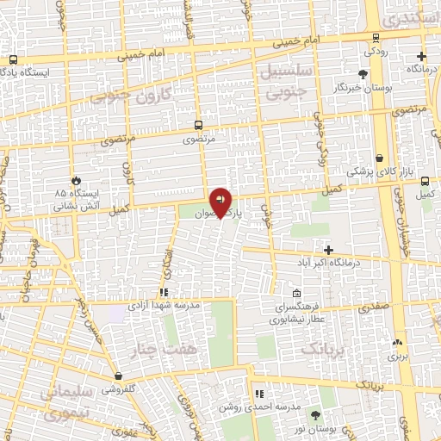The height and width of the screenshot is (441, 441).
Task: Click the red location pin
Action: [220, 201]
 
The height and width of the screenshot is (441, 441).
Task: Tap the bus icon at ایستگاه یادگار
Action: [13, 60]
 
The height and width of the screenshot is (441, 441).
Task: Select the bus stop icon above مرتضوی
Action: [199, 125]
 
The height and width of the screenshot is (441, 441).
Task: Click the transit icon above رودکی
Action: [376, 37]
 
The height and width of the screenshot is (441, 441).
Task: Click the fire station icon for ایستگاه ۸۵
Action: [76, 180]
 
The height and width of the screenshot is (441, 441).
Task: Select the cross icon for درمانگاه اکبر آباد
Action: [328, 249]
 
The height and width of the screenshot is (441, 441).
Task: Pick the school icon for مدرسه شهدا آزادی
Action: [163, 292]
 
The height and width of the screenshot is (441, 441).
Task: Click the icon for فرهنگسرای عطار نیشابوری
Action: [297, 293]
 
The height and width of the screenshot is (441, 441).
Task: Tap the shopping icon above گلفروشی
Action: [118, 376]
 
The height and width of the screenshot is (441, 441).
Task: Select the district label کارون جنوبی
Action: [135, 96]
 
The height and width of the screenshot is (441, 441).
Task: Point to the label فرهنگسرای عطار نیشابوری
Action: [297, 311]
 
